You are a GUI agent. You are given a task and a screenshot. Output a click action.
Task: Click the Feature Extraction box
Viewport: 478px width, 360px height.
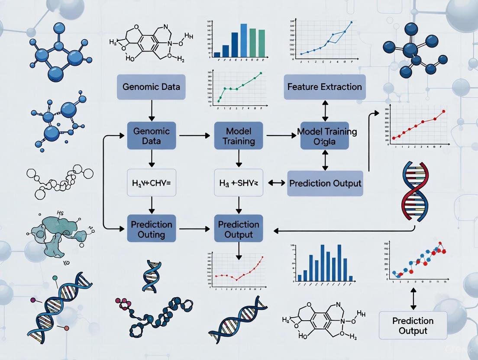(325, 87)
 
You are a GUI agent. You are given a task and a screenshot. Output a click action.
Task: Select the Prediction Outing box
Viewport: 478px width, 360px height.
(152, 229)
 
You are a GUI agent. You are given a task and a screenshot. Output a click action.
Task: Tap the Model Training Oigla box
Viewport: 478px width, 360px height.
(324, 135)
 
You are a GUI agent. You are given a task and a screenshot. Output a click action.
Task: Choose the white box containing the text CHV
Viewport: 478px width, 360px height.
(152, 183)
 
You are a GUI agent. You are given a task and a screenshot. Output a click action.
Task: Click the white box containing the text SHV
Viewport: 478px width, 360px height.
(239, 183)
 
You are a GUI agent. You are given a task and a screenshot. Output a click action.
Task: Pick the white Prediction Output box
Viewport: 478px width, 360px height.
(413, 326)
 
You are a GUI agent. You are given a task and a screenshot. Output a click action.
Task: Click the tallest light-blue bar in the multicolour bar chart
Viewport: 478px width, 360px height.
(244, 40)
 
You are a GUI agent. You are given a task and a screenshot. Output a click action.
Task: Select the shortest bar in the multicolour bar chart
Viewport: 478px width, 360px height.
(217, 55)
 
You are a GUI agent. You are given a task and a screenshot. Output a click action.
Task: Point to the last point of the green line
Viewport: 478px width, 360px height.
(261, 74)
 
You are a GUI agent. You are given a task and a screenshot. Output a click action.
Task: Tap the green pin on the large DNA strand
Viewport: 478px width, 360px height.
(55, 278)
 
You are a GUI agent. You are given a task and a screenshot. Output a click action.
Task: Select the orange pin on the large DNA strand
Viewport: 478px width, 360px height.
(66, 329)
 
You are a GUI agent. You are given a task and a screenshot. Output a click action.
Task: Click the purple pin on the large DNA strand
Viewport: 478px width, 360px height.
(33, 299)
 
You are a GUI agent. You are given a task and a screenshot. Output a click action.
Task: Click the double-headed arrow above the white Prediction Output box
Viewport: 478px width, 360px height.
(413, 299)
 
